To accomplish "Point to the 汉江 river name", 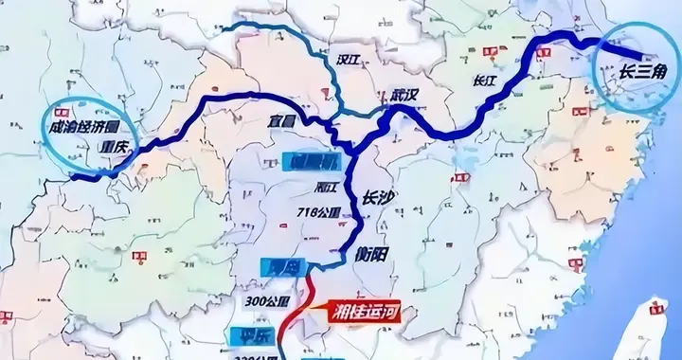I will coord(350,60).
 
